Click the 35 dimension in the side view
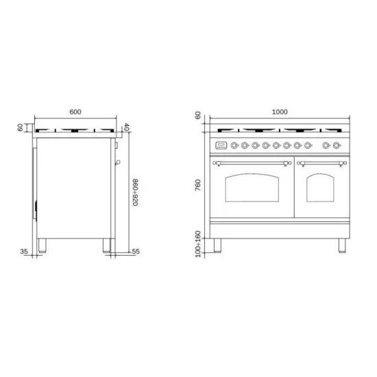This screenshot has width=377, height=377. pyautogui.click(x=24, y=252)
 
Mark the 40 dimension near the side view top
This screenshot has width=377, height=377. pyautogui.click(x=126, y=127)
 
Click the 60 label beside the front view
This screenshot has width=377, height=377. pyautogui.click(x=199, y=117)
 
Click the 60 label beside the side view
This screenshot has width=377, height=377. pyautogui.click(x=21, y=127)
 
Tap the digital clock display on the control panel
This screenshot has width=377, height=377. pyautogui.click(x=221, y=145)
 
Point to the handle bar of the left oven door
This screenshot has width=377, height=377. pyautogui.click(x=252, y=162)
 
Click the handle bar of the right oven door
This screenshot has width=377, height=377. pyautogui.click(x=321, y=162)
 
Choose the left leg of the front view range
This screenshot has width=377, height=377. pyautogui.click(x=219, y=244)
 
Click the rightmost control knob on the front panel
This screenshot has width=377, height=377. pyautogui.click(x=337, y=145)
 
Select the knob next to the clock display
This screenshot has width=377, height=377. pyautogui.click(x=234, y=145)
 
